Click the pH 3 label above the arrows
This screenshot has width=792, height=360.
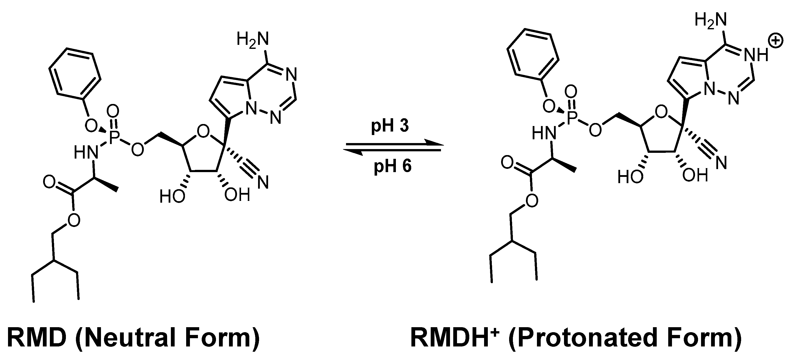[390, 126]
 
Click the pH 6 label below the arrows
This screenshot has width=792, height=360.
[393, 166]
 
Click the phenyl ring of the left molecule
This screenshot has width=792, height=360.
[75, 72]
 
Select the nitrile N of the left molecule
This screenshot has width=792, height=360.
[263, 182]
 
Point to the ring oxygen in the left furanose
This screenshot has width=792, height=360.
[203, 133]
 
